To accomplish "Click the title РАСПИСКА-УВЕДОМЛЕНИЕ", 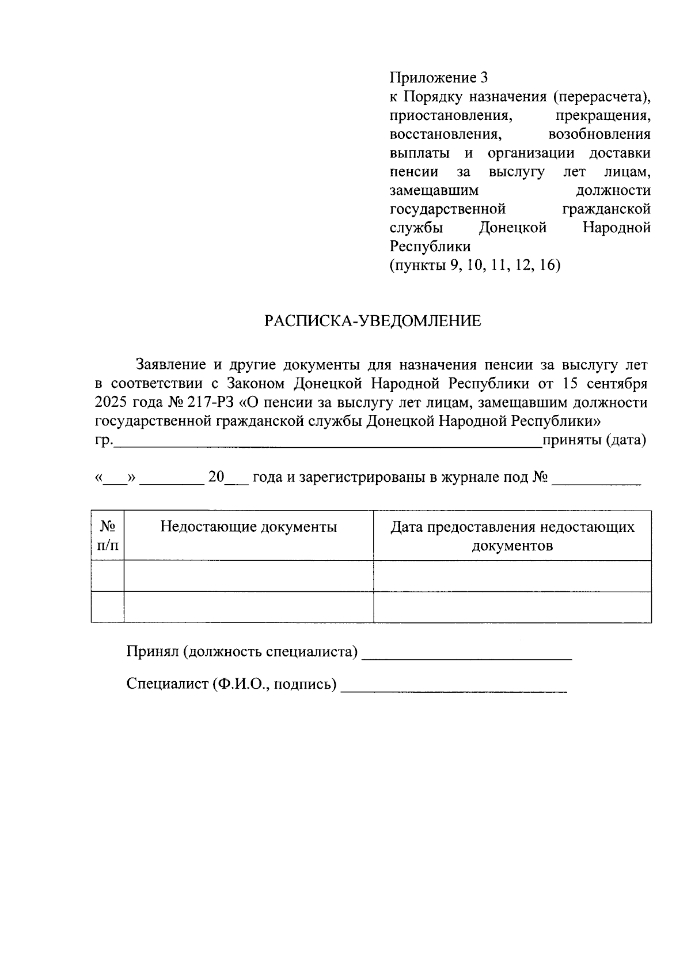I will pos(373,321).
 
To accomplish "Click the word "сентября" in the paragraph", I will pos(617,384).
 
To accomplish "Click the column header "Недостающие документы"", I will pos(248,527).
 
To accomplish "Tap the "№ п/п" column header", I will pos(108,535).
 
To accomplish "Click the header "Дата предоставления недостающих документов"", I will pos(512,536).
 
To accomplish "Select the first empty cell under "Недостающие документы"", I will pos(248,576).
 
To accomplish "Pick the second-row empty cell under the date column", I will pos(512,607).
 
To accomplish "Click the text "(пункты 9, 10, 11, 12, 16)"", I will pos(475,266).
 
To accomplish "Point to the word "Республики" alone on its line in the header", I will pos(430,247).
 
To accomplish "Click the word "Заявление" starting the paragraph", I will pos(171,365).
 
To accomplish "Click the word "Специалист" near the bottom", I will pos(166,684).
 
